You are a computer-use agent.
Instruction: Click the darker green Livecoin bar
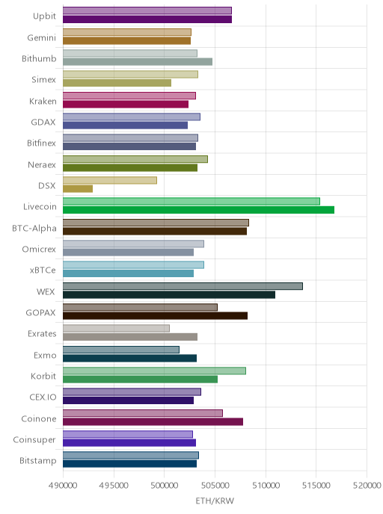(198, 210)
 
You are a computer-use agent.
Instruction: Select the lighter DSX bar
(110, 180)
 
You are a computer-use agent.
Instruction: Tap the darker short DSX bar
(78, 189)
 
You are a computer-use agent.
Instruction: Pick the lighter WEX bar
(183, 286)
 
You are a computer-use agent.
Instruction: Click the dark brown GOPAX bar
(156, 316)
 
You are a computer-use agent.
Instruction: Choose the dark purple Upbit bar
(147, 19)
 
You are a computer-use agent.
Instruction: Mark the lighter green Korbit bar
(154, 371)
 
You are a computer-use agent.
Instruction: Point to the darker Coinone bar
(153, 421)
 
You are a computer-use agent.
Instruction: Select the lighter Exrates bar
(116, 329)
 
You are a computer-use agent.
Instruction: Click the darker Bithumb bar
(138, 61)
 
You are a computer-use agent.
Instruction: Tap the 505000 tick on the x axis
(215, 486)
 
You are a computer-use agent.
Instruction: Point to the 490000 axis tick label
(63, 486)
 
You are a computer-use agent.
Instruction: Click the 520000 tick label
(367, 486)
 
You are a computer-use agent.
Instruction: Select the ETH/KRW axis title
(215, 501)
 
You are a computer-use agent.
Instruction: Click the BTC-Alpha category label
(34, 228)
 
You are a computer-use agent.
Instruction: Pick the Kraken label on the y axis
(43, 102)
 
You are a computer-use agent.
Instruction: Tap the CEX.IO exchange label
(43, 397)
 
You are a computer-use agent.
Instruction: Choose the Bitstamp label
(38, 461)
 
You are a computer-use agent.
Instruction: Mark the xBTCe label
(43, 270)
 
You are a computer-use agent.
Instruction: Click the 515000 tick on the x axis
(316, 486)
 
